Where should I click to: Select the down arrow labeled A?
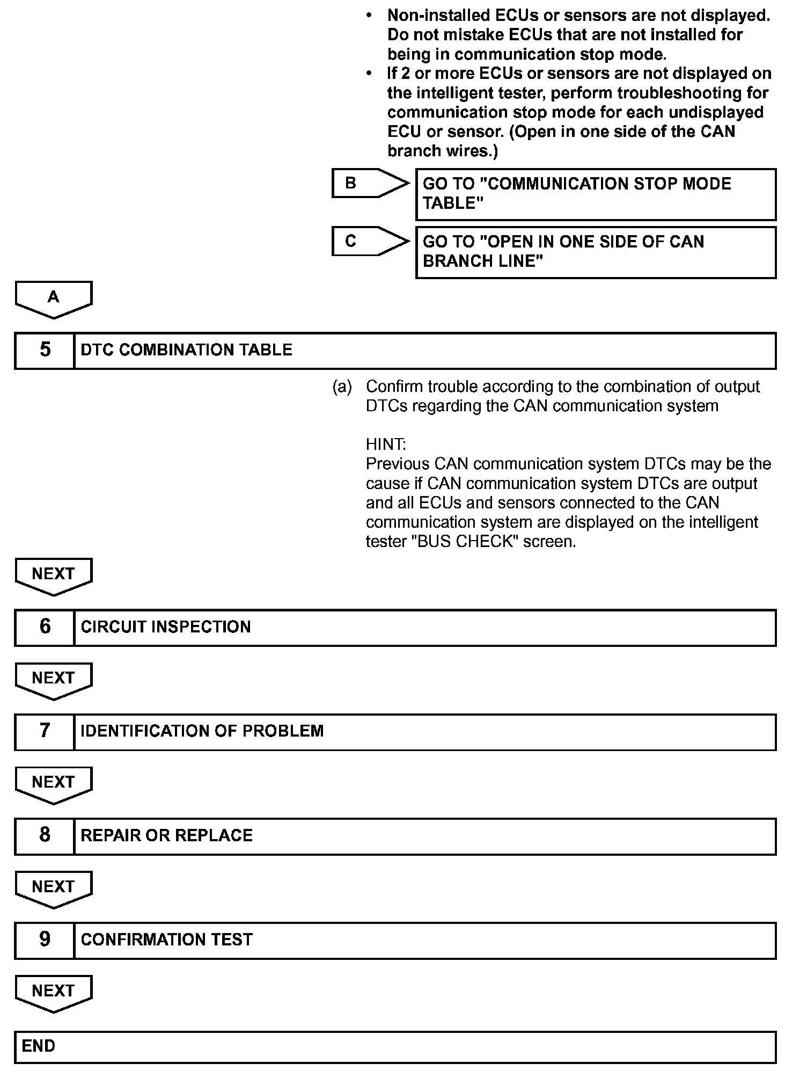(x=54, y=298)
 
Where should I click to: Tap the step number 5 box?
(x=45, y=350)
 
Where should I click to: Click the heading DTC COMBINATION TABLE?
(x=186, y=350)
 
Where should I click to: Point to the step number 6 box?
(x=45, y=627)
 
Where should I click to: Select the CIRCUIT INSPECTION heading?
(x=165, y=627)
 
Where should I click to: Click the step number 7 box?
(x=45, y=731)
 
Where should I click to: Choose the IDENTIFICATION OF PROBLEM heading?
(x=202, y=731)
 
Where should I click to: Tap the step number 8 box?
(x=45, y=835)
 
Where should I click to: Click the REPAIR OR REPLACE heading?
(x=166, y=835)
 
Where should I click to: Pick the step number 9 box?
(x=45, y=939)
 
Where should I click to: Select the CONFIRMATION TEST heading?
(x=166, y=939)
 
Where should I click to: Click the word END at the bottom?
(x=39, y=1046)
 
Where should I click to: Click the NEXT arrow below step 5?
(x=54, y=576)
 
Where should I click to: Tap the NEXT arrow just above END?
(x=54, y=992)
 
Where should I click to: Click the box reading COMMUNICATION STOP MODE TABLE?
(x=596, y=194)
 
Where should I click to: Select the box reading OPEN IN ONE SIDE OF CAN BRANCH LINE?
(x=596, y=252)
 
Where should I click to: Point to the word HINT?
(x=386, y=445)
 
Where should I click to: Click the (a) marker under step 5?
(x=342, y=387)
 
